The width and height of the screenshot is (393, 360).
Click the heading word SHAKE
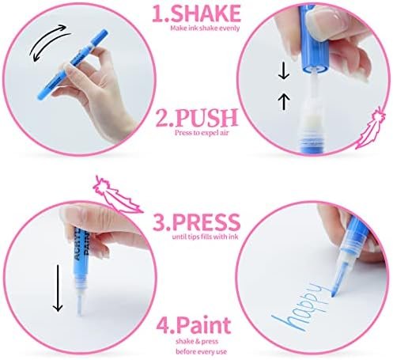click(x=206, y=13)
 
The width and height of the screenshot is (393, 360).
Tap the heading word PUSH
click(x=206, y=118)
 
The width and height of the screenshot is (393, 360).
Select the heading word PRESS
click(x=206, y=222)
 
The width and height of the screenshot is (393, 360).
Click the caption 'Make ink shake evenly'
click(x=205, y=28)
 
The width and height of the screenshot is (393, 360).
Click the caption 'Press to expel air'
click(x=202, y=132)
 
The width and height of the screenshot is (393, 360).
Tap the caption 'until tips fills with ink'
click(x=205, y=237)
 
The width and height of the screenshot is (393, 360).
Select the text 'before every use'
click(x=202, y=351)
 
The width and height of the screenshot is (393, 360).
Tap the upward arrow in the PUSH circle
click(x=284, y=101)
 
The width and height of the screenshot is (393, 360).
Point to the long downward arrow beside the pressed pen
click(x=58, y=288)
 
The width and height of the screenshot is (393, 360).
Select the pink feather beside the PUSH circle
click(x=369, y=128)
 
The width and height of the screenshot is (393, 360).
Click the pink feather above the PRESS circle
click(x=117, y=194)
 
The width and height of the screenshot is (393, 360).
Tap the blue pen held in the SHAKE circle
click(x=72, y=65)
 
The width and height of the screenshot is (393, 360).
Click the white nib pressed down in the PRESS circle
click(x=79, y=305)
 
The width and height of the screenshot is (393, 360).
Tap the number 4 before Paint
click(x=163, y=326)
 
